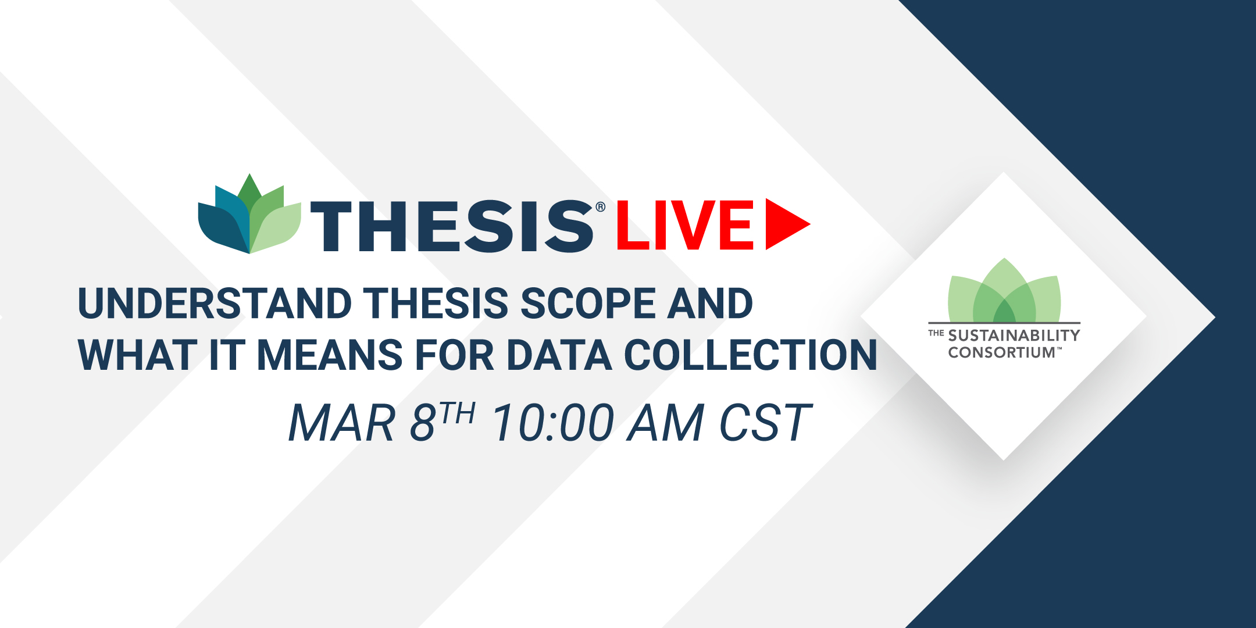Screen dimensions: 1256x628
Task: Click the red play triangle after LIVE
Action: tap(785, 224)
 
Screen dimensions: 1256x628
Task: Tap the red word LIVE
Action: tap(685, 225)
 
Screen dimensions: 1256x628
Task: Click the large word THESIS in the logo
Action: tap(452, 226)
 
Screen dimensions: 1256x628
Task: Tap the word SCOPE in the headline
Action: tap(587, 304)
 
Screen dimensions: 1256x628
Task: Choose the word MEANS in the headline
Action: tap(330, 355)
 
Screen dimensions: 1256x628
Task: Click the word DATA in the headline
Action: tap(560, 355)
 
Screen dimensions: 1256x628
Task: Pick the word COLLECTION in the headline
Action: tap(751, 355)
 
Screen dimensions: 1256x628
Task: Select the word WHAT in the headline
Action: tap(138, 355)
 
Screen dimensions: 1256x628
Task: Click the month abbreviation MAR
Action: tap(342, 423)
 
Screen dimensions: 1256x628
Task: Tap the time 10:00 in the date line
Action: tap(554, 423)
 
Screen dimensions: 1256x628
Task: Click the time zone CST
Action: tap(765, 423)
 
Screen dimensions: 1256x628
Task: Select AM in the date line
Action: tap(666, 423)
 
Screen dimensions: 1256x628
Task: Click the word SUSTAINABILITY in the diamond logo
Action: tap(1014, 336)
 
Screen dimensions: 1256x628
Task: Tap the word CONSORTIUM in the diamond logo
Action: tap(1001, 352)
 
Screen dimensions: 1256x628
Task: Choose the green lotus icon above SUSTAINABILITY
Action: tap(1004, 290)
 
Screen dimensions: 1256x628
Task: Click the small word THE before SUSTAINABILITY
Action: tap(936, 333)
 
